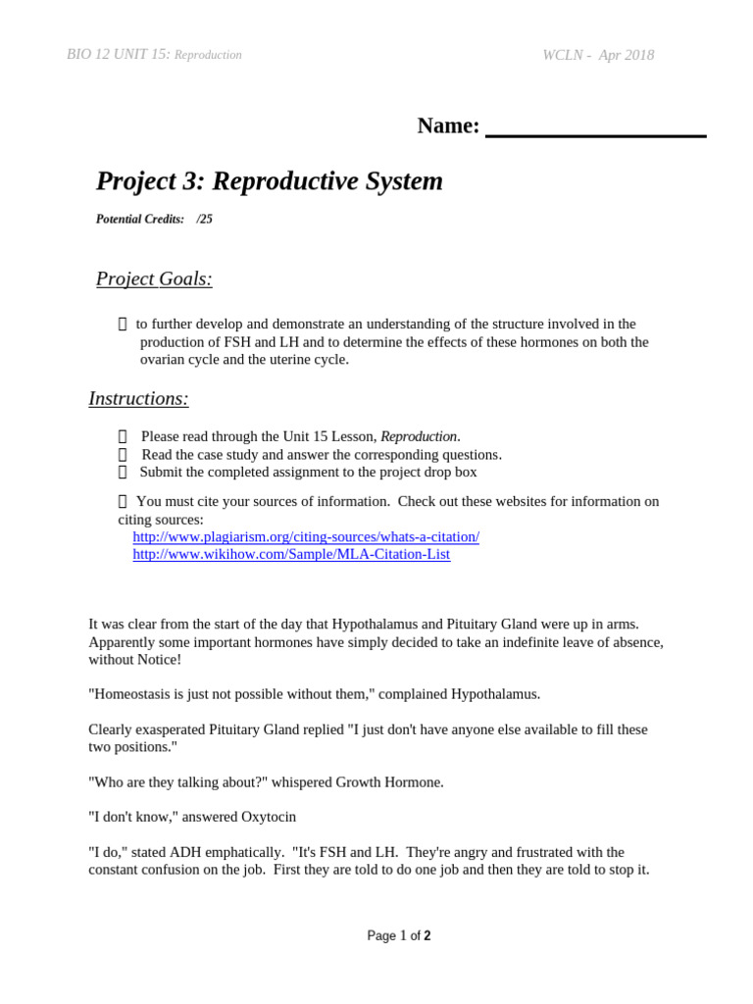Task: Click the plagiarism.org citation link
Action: (305, 537)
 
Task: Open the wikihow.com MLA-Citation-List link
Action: (291, 554)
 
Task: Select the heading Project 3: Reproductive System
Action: (269, 181)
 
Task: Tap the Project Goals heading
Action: (154, 279)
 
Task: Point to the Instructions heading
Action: (138, 399)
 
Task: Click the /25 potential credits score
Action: (204, 220)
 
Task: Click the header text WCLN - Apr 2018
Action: (598, 56)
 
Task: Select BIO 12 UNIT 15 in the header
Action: (118, 55)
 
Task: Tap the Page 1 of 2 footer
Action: (398, 936)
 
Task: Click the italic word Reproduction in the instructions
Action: (419, 436)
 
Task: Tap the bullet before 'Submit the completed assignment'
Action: (123, 473)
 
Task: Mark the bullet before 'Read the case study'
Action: (123, 455)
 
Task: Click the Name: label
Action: (448, 125)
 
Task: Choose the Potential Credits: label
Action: (140, 220)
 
